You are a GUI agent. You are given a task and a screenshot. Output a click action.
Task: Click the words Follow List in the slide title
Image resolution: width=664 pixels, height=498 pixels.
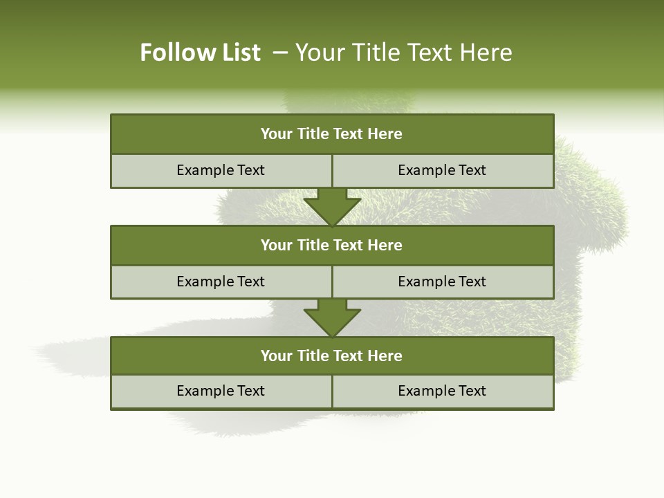[200, 53]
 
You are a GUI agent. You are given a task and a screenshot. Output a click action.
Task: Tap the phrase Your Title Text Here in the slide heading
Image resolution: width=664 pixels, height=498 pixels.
[404, 53]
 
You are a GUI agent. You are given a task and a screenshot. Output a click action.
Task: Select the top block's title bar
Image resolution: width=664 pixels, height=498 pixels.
[332, 134]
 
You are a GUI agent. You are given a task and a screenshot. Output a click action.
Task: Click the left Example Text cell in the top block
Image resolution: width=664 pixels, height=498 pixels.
[221, 170]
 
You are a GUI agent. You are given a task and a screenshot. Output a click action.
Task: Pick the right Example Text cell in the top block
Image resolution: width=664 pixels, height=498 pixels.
[442, 170]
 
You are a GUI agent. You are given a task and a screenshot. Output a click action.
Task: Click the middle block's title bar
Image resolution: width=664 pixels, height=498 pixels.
[332, 245]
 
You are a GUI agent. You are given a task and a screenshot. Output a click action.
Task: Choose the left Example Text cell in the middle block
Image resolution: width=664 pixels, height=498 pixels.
[221, 282]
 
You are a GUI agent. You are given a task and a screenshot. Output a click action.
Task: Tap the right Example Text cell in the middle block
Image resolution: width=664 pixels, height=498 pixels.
[442, 282]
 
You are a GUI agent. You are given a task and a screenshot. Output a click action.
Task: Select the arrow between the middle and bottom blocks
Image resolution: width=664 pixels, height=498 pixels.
[332, 317]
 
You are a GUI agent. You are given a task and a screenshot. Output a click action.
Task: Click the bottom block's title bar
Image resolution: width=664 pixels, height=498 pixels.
[332, 356]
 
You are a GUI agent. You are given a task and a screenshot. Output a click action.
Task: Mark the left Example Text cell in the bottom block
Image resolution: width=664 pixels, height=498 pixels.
[221, 391]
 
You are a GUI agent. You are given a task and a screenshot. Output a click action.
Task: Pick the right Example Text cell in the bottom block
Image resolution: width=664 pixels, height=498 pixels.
[442, 391]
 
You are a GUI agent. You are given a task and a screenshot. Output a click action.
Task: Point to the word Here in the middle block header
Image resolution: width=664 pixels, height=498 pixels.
[385, 245]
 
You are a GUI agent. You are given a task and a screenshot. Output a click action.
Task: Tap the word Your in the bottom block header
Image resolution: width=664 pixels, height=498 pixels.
[276, 356]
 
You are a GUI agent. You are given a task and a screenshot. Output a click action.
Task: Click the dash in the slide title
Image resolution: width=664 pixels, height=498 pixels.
[280, 53]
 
